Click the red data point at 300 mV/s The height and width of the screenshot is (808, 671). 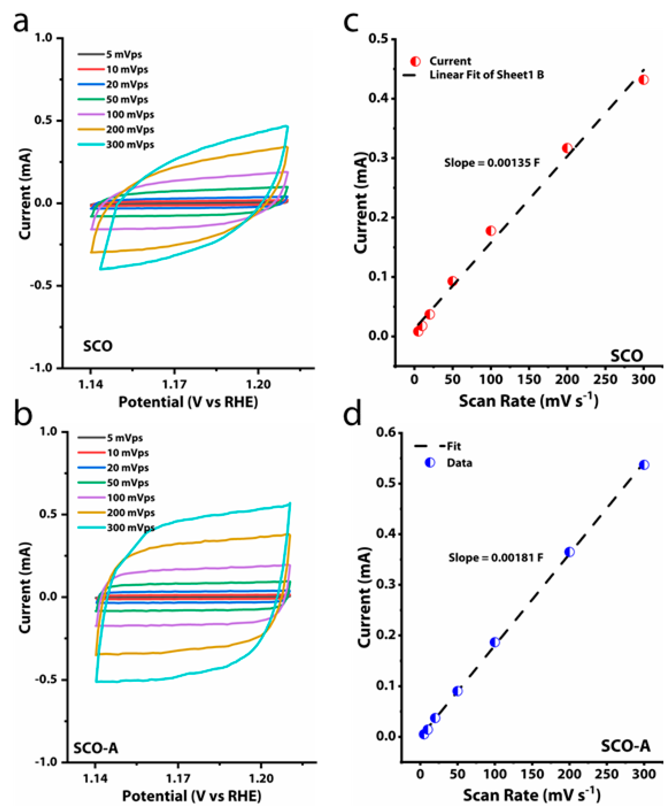pos(643,80)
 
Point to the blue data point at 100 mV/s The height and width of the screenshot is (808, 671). pos(495,642)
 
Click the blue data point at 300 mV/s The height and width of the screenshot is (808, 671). pos(644,465)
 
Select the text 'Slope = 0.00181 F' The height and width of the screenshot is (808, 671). pos(496,558)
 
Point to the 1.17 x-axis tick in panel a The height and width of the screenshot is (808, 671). pos(174,384)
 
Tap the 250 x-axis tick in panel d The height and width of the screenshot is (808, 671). pos(607,774)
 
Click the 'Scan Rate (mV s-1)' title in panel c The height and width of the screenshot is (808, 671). pos(528,401)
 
